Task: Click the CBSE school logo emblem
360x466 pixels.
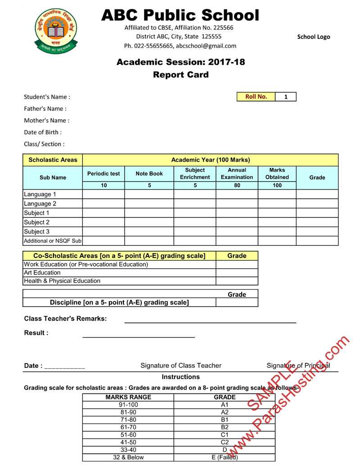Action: [x=56, y=30]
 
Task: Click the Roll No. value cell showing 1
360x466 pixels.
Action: [x=286, y=97]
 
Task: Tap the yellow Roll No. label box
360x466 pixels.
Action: [x=256, y=97]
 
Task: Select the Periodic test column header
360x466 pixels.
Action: [x=103, y=174]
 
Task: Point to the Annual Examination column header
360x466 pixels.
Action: [x=237, y=174]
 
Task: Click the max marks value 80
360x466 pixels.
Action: [x=237, y=185]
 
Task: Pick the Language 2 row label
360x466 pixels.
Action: [x=40, y=204]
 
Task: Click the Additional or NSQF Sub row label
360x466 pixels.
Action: [x=53, y=241]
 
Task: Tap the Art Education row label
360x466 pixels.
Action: [x=42, y=272]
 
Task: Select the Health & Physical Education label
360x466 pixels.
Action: [x=62, y=281]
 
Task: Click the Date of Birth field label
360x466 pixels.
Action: [x=43, y=132]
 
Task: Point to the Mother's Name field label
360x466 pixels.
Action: [x=47, y=121]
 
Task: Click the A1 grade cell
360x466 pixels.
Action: [x=225, y=405]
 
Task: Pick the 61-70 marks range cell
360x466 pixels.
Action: [x=128, y=427]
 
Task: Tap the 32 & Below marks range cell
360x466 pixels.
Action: [x=128, y=457]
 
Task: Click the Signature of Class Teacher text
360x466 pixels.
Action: [x=181, y=366]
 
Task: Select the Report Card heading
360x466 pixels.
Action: [x=181, y=75]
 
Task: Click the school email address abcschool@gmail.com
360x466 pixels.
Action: [x=206, y=46]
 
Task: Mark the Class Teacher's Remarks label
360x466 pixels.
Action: [x=65, y=319]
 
